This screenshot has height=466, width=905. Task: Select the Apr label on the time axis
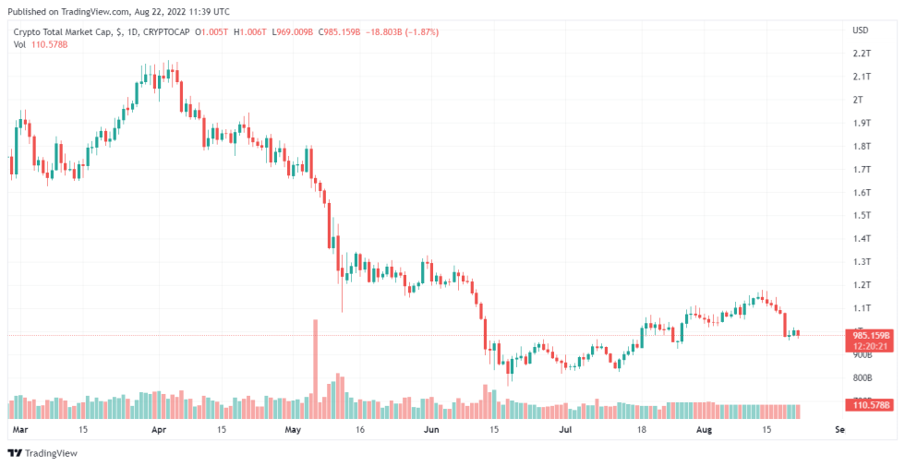(158, 430)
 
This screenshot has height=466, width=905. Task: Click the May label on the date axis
(294, 430)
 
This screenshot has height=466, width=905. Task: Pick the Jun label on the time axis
(430, 430)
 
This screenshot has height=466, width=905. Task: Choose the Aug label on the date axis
(705, 430)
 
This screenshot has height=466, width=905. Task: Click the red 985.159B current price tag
(868, 335)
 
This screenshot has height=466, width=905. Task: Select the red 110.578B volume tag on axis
(868, 405)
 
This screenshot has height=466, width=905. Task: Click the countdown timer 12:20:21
(868, 346)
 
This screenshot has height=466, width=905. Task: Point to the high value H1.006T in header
(251, 32)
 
